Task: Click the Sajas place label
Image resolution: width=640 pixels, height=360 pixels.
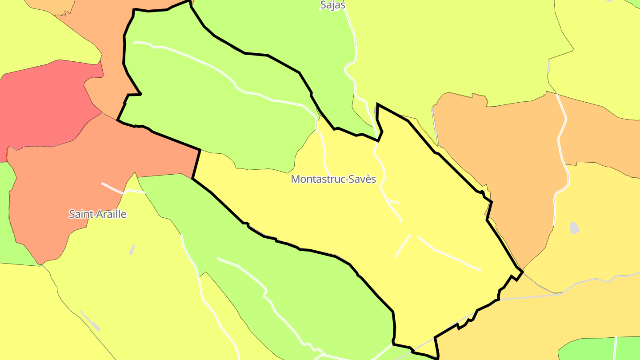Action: [332, 5]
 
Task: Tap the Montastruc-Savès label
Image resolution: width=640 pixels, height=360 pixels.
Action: [333, 179]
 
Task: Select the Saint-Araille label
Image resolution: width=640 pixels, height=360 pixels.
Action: [97, 214]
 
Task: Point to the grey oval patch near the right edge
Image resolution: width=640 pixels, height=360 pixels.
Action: [575, 228]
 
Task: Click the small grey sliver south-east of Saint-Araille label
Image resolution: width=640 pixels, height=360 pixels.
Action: [132, 250]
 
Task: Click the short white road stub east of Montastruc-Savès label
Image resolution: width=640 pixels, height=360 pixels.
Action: [393, 202]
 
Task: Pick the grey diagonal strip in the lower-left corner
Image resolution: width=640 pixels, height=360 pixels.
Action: [90, 321]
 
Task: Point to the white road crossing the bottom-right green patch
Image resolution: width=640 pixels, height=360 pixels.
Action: [616, 349]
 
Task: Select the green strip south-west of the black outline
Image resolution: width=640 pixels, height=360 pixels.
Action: [289, 284]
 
